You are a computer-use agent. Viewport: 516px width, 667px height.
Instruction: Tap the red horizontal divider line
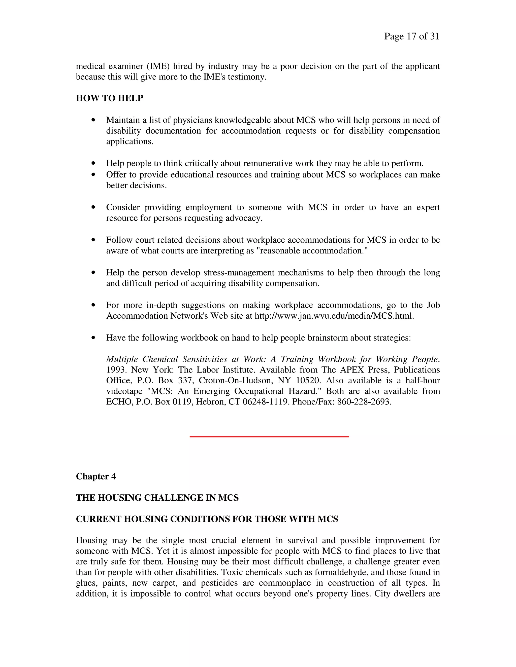click(269, 437)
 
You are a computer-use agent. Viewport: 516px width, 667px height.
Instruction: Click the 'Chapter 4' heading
click(96, 476)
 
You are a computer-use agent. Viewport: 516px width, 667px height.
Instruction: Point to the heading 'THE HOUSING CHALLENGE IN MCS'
click(157, 498)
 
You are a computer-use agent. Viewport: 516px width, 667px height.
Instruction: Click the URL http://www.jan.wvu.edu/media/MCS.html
click(334, 316)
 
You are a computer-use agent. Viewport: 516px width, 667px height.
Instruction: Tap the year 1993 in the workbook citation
click(116, 370)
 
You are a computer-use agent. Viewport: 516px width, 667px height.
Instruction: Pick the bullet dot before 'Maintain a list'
click(93, 120)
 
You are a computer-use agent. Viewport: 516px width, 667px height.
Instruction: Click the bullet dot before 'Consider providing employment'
click(93, 207)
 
